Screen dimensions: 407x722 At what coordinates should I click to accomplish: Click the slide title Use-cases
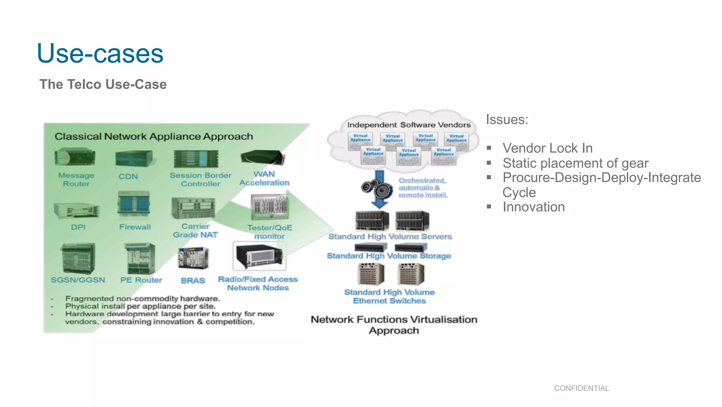tap(100, 54)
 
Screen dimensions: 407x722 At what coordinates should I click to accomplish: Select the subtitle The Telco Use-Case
tap(103, 84)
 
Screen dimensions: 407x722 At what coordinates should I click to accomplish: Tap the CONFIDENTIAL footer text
tap(581, 388)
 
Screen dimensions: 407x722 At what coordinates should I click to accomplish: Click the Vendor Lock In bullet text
tap(547, 148)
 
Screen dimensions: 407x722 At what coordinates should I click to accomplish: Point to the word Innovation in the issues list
tap(533, 207)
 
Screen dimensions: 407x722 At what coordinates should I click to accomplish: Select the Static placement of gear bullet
tap(575, 163)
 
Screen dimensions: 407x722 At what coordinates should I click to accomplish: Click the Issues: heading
tap(507, 120)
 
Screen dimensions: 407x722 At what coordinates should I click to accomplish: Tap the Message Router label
tap(76, 180)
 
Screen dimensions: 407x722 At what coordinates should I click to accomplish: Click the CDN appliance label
tap(128, 176)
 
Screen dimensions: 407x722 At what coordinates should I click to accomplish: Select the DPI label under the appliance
tap(78, 227)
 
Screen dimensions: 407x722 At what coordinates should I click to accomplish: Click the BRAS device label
tap(192, 281)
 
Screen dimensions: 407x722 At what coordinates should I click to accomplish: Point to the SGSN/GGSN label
tap(78, 280)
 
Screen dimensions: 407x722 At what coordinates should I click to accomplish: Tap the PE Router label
tap(141, 280)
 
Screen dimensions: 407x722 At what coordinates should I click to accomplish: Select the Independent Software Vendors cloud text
tap(409, 125)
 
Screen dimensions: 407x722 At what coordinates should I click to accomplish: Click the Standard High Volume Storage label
tap(389, 256)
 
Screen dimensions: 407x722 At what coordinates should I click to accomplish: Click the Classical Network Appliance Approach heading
tap(154, 137)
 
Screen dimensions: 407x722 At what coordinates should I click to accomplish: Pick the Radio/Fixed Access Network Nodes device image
tap(259, 256)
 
